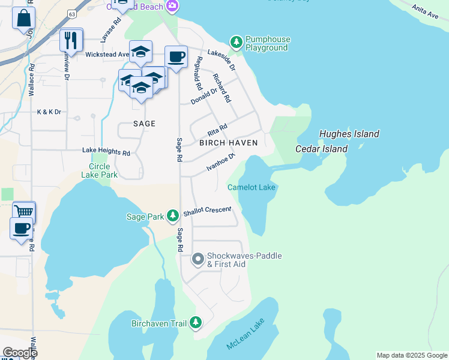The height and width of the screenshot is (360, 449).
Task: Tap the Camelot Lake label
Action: coord(252,188)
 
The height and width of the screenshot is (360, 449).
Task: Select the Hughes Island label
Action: coord(349,134)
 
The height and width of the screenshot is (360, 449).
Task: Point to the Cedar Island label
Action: coord(322,149)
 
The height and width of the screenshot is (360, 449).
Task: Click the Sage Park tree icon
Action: coord(173,215)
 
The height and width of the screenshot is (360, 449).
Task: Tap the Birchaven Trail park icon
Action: coord(196,323)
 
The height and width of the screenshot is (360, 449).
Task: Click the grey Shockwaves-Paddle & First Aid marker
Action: coord(197,260)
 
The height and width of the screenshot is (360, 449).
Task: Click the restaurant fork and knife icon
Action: coord(71,40)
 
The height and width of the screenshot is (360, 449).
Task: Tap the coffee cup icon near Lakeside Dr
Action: coord(175,57)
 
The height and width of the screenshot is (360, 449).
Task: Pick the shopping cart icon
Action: coord(23,212)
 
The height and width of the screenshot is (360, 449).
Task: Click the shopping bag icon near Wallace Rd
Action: coord(23,18)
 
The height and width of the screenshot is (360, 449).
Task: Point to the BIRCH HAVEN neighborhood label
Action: coord(228,143)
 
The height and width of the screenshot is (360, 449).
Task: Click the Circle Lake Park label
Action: coord(100,170)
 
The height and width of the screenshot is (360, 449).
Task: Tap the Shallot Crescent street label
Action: coord(207,209)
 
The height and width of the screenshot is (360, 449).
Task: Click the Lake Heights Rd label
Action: coord(106,153)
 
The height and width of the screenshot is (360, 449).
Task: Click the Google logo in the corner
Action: coord(20,353)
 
